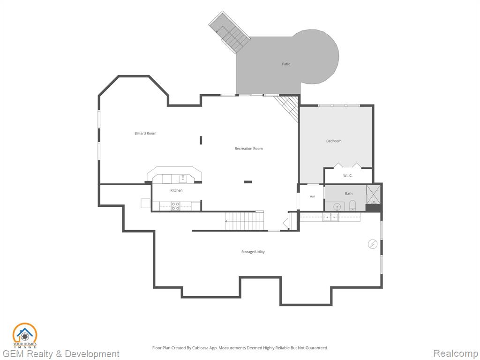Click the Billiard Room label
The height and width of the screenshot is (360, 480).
coord(145,133)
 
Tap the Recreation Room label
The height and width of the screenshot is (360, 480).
coord(248,149)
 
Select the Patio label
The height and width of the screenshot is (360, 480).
coord(286,64)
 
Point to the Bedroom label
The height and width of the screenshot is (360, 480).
coord(334,141)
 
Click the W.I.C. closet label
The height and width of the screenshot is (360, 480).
coord(347,175)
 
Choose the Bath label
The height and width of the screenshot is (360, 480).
coord(349,194)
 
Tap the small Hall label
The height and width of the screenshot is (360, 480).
coord(312,196)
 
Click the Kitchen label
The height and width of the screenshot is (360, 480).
coord(176,190)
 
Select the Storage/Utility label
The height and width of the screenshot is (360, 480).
coord(253,252)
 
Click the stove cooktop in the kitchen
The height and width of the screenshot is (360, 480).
coord(175,206)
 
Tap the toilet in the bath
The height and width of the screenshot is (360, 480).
coord(352,205)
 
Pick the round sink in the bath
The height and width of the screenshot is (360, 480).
coord(337,207)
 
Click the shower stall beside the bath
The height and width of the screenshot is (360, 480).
coord(373,195)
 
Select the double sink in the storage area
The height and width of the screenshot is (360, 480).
coord(330,217)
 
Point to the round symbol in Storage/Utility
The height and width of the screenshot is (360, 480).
coord(373,244)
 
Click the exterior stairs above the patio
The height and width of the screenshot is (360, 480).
coord(230,33)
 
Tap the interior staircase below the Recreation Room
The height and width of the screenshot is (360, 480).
coord(244,221)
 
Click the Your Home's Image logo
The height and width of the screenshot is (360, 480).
coord(25,336)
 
